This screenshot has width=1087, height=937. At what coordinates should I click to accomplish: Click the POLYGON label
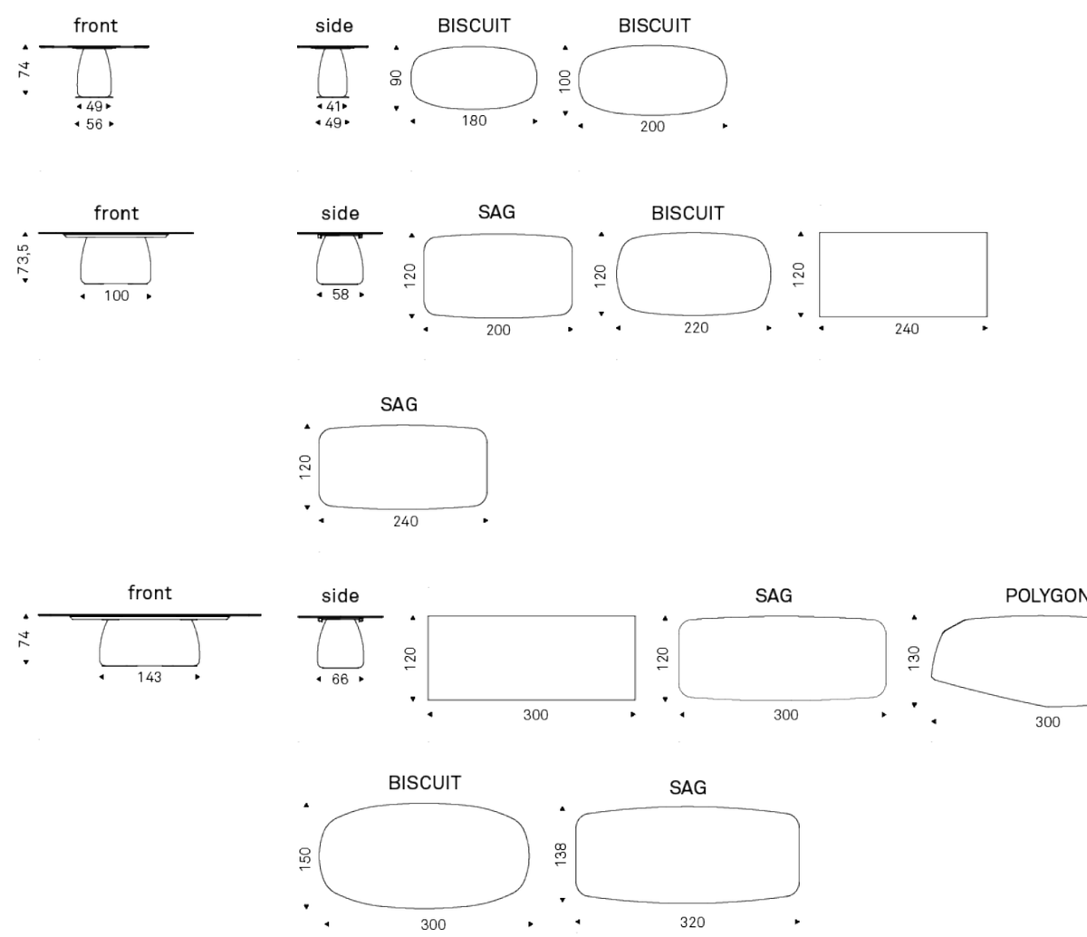coord(1046,595)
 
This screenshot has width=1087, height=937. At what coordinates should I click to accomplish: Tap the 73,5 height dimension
coord(24,259)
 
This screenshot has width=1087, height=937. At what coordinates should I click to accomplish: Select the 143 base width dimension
coord(149,677)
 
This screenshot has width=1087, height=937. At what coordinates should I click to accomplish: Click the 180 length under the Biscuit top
coord(474,121)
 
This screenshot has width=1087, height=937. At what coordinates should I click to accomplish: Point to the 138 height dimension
coord(561,855)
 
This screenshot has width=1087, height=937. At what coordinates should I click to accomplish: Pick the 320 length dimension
coord(692,923)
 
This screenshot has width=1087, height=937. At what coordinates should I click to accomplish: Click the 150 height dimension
coord(305,858)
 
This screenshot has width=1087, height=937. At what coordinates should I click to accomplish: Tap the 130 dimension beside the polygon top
coord(914,658)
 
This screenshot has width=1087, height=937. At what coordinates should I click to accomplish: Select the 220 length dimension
coord(696,328)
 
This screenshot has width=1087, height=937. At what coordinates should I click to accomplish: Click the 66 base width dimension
coord(340,680)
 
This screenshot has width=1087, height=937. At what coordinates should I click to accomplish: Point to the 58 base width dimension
coord(341,295)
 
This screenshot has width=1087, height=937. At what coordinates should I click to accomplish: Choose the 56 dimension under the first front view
coord(94,124)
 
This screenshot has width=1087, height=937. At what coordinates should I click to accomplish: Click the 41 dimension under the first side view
coord(332,106)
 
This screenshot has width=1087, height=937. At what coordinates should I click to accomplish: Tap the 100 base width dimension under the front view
coord(116,295)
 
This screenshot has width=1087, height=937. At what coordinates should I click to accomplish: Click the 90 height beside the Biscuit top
coord(396,78)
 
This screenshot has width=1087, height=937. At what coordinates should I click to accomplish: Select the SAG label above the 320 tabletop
coord(688,787)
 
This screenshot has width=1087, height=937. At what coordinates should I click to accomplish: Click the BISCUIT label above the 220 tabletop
coord(688,213)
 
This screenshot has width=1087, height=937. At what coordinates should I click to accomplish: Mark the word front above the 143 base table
coord(149,593)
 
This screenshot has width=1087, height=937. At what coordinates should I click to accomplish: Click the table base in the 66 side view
coord(341,643)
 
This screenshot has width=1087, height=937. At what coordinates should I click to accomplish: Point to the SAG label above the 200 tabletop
coord(496,212)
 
